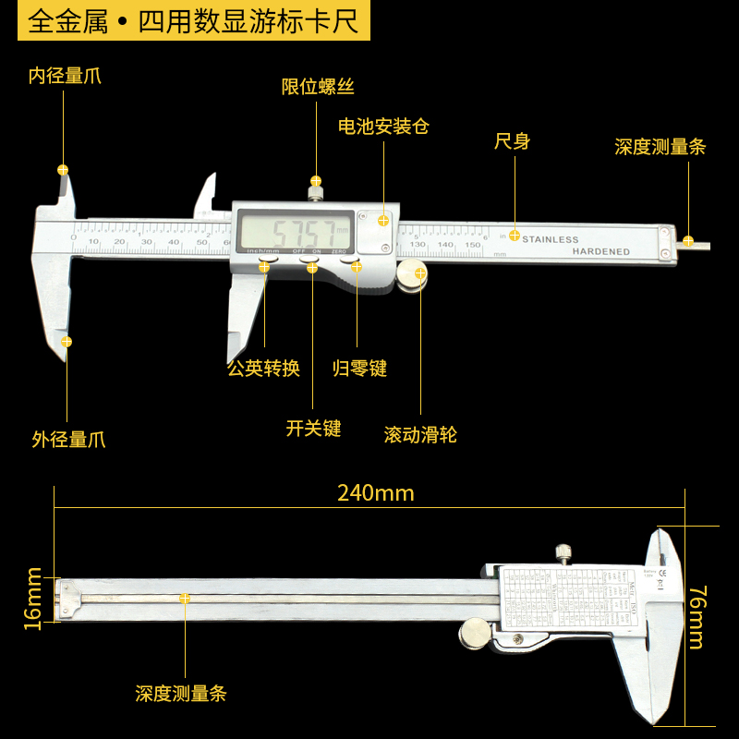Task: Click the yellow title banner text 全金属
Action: pos(67,21)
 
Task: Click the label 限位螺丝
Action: pos(318,87)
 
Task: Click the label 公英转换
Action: pos(264,369)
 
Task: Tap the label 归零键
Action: pos(359,369)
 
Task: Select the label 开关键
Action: pos(313,429)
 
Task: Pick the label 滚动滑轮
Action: pos(420,434)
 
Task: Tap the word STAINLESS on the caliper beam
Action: pos(551,240)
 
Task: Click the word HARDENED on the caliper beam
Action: pos(600,251)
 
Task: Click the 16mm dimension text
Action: pos(33,599)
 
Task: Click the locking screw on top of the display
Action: pos(315,191)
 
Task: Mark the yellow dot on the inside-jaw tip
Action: pos(63,169)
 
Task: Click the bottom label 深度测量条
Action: pos(181,694)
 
